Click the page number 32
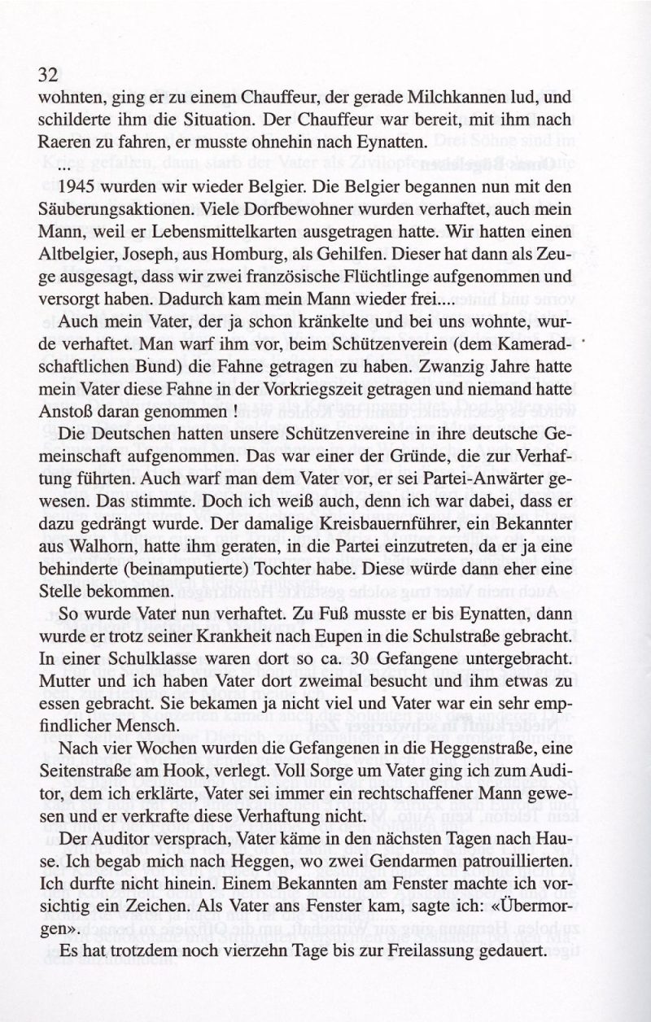tap(46, 75)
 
